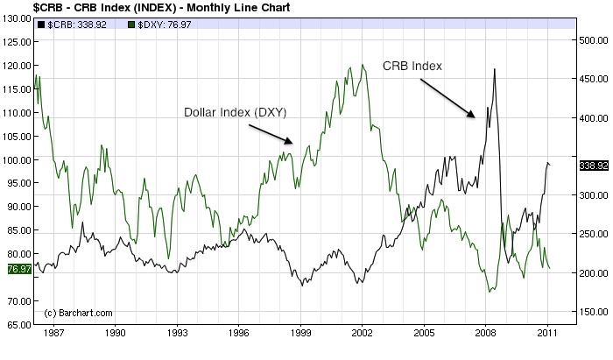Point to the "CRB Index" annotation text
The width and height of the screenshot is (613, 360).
point(412,66)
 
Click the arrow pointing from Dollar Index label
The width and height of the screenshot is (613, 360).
point(271,132)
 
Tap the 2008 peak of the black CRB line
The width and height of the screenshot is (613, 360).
point(495,69)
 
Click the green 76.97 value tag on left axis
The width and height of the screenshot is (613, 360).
point(18,269)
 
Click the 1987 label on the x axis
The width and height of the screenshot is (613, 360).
point(53,334)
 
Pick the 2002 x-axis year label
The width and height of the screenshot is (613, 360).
point(363,334)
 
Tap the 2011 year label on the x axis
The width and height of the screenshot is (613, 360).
point(548,334)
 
